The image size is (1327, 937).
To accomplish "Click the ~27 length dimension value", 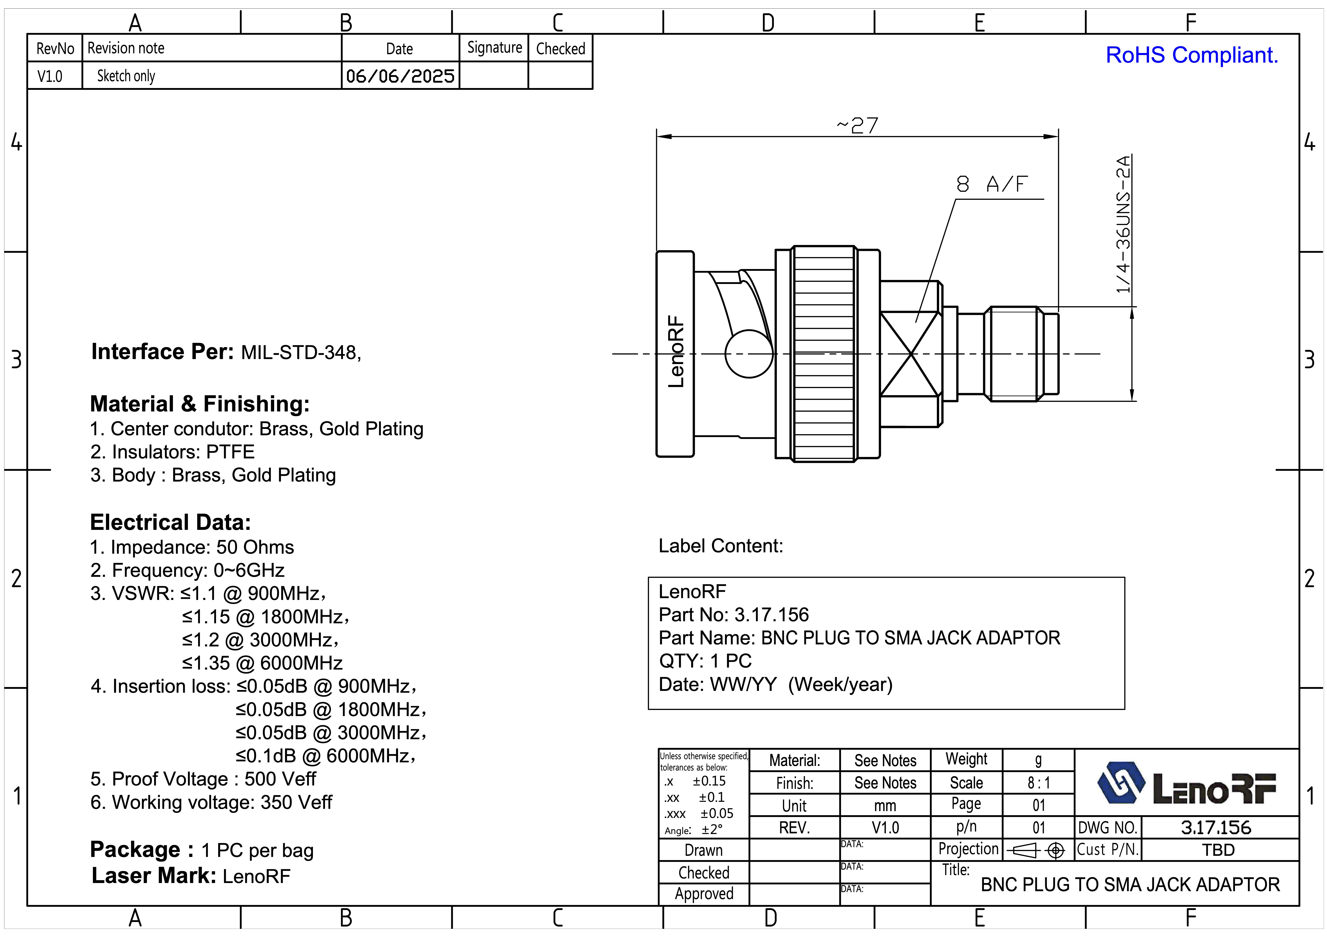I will coord(857,125).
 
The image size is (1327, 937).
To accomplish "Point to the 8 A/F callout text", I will coord(992,184).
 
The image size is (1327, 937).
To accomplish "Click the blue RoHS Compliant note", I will coord(1192,55).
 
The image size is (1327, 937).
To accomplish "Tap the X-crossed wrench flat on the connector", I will coord(910,354).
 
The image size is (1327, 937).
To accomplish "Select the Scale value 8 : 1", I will coord(1039,783).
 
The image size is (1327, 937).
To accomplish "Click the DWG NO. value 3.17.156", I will coord(1216,827).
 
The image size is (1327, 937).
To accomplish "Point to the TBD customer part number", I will coord(1218,850).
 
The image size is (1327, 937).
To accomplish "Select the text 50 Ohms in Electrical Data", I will coord(255,547).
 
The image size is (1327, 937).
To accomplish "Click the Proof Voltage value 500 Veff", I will coord(280,779).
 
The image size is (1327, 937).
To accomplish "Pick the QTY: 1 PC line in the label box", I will coord(705,661).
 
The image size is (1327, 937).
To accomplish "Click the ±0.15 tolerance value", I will coord(709,781).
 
